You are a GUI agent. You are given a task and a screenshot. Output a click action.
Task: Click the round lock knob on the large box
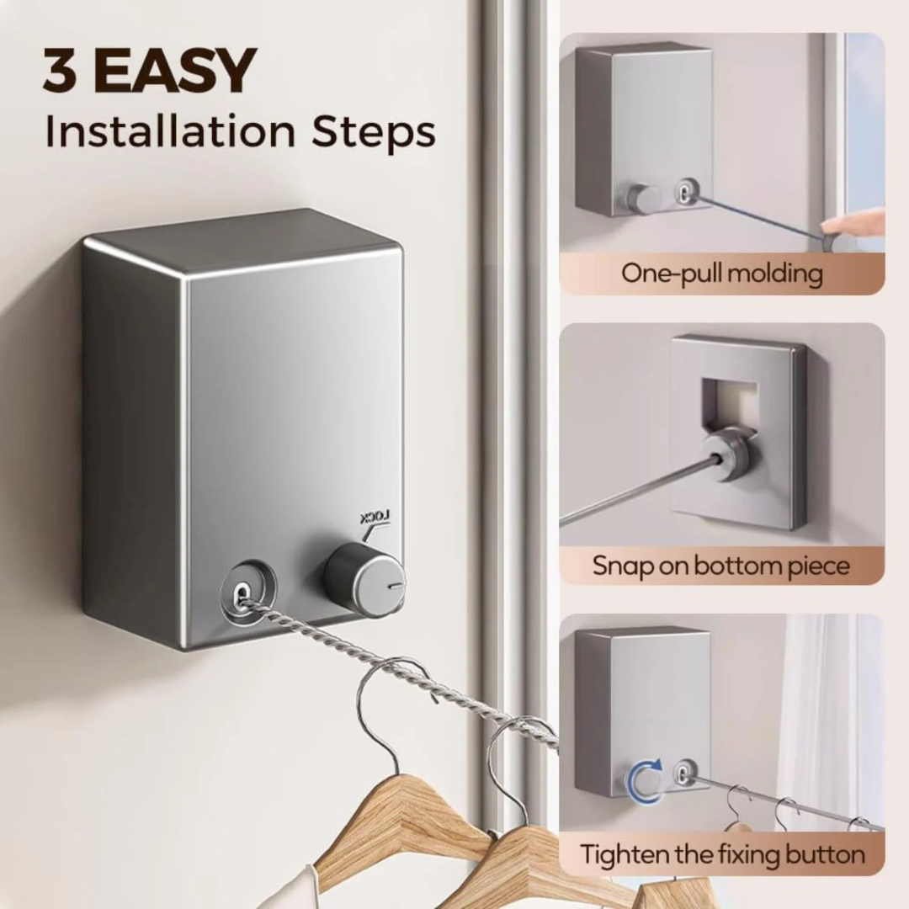(x=364, y=579)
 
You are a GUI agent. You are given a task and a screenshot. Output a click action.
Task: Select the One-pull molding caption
(x=721, y=273)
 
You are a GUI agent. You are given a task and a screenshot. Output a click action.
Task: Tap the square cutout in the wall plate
(x=729, y=400)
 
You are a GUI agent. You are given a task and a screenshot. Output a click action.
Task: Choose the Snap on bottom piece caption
(x=721, y=566)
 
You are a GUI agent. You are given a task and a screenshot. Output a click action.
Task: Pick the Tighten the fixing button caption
(x=721, y=855)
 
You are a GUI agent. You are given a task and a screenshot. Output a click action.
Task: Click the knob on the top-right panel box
(x=642, y=199)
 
